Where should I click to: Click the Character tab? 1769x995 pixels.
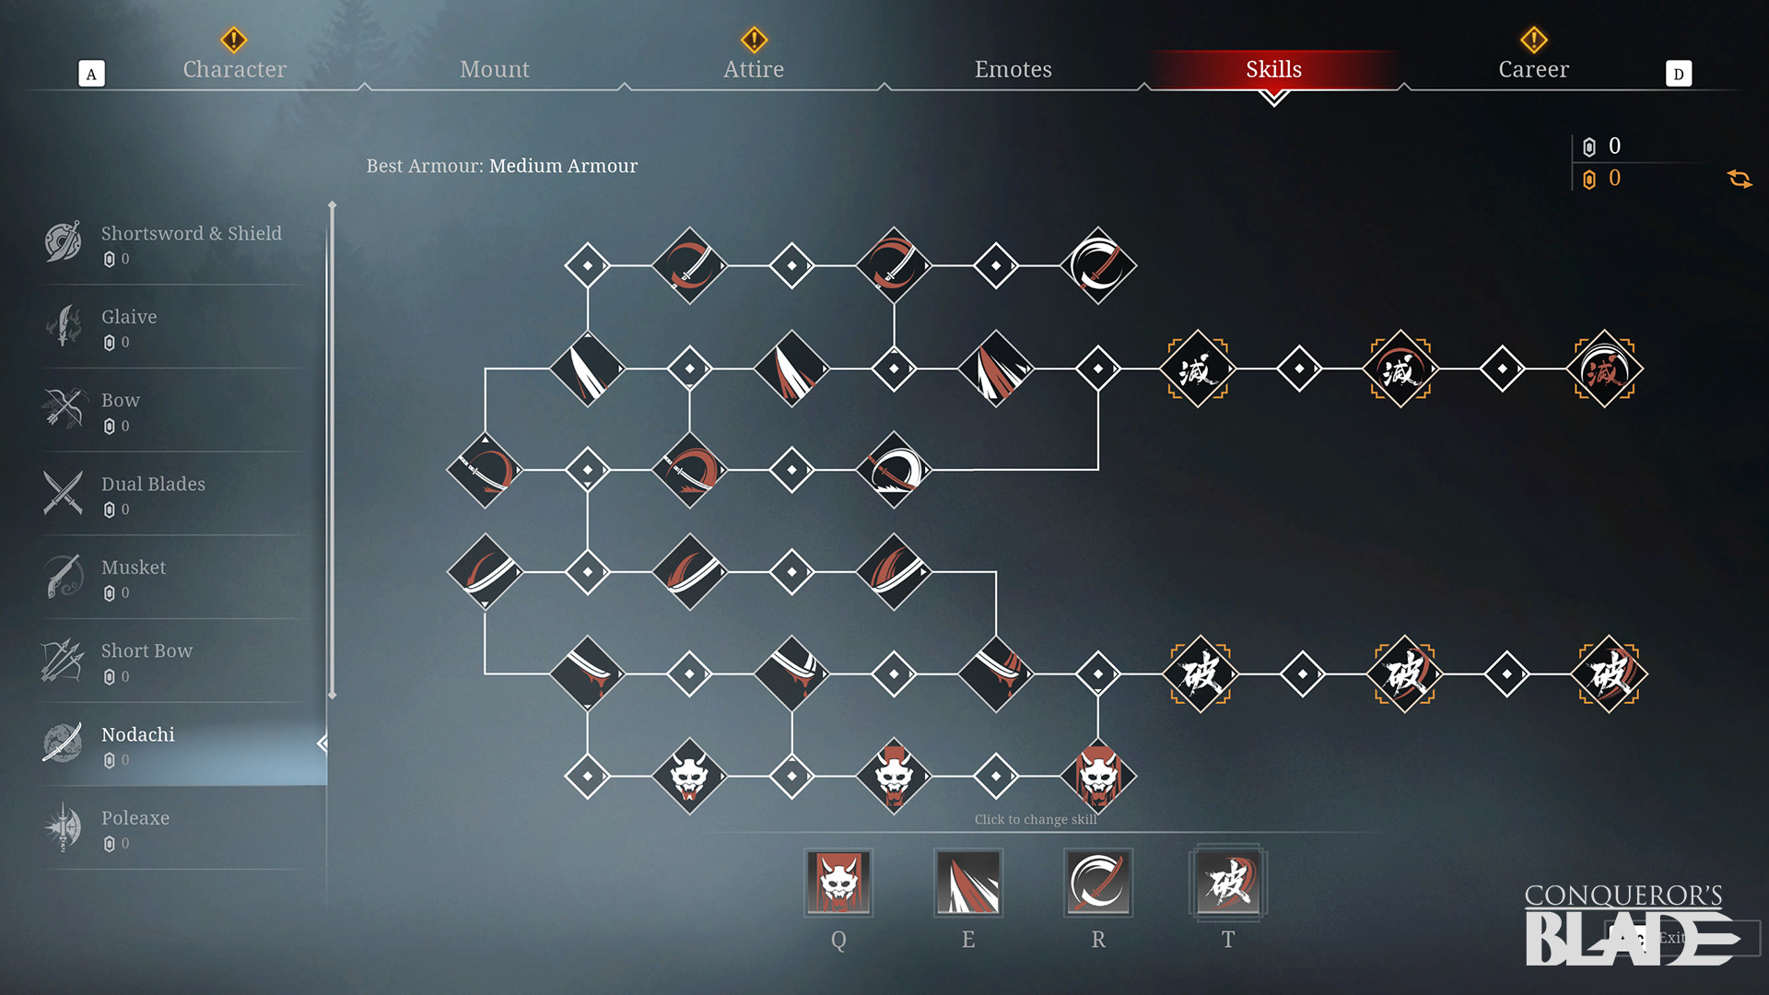[x=234, y=69]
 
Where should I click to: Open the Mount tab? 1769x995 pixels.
[x=495, y=69]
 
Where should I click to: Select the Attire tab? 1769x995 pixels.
[x=754, y=69]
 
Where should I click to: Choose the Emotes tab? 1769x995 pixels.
[x=1013, y=69]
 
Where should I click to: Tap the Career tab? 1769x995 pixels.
[x=1533, y=69]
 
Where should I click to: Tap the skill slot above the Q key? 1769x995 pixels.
[x=838, y=883]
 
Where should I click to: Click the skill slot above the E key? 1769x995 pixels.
[x=968, y=883]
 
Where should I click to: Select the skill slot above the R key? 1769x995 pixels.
[x=1098, y=883]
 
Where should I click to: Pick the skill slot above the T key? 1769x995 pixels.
[x=1228, y=883]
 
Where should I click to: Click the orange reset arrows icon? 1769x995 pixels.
[x=1740, y=179]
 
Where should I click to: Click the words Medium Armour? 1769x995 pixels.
[x=563, y=166]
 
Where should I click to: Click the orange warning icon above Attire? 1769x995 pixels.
[x=754, y=40]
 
